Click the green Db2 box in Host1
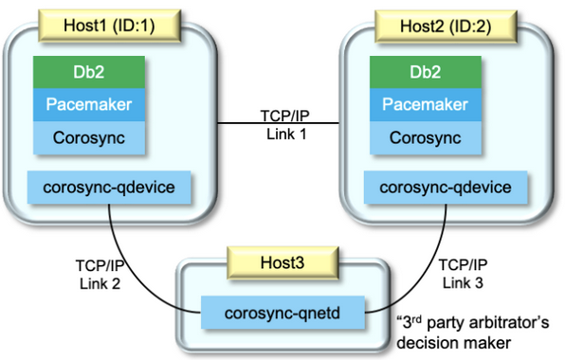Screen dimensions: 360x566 coord(92,70)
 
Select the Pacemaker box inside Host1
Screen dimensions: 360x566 coord(92,103)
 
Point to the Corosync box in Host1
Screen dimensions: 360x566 coord(92,136)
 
